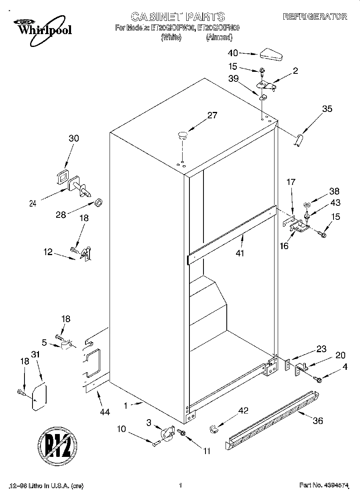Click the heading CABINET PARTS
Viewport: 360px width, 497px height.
[178, 16]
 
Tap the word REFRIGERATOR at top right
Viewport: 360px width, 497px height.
[315, 16]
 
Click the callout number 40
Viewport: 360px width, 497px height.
[233, 53]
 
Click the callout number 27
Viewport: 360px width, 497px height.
[212, 116]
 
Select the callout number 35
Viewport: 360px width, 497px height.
[327, 108]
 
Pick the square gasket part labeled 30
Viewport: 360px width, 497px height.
[62, 177]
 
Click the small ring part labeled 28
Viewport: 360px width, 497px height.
[98, 202]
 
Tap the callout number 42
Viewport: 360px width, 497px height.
[243, 410]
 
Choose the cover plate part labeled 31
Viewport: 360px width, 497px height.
[39, 398]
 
